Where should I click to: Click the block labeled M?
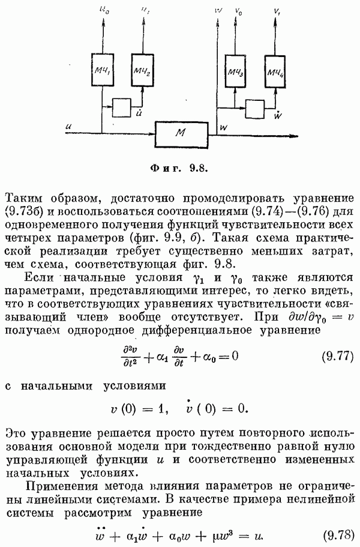181,133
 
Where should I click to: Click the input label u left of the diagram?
71,127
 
